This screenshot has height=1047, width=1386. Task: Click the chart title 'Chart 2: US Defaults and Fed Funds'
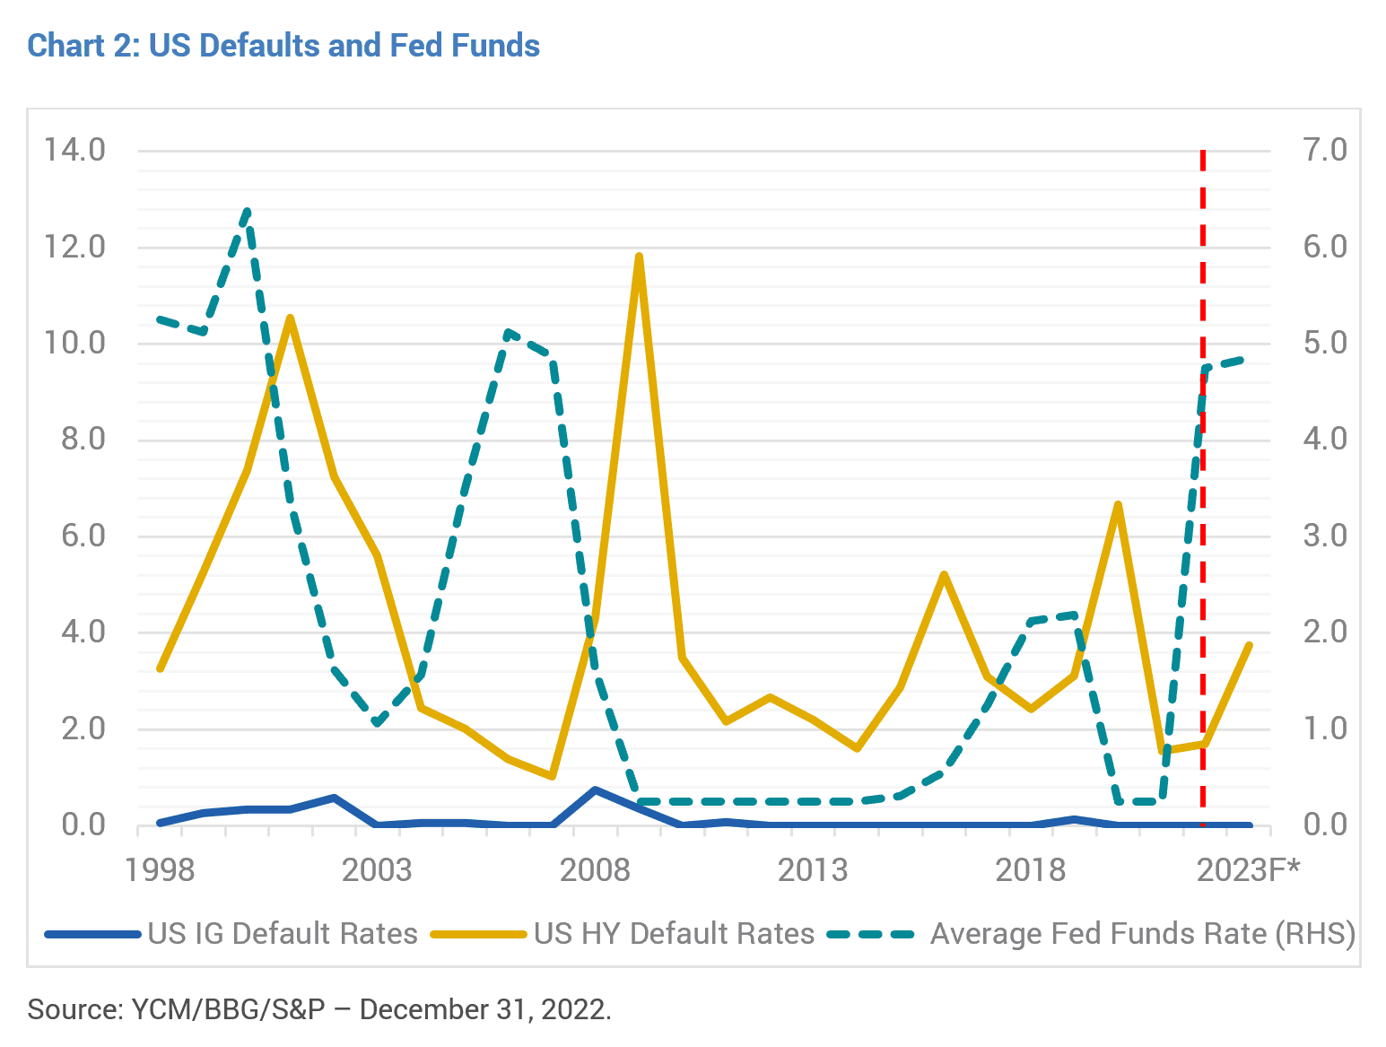[x=283, y=46]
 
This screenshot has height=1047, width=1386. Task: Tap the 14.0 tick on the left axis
[x=74, y=151]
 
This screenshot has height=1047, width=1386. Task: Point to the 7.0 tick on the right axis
[x=1325, y=151]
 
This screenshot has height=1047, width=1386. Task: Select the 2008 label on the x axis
[x=595, y=870]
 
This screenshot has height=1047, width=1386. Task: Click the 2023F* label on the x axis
[x=1249, y=870]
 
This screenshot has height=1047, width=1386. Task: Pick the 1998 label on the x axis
[x=160, y=870]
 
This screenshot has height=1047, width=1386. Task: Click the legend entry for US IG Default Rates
[x=231, y=933]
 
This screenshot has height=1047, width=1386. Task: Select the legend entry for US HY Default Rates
[x=623, y=933]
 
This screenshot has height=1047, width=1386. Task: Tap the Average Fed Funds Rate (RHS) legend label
[x=1143, y=934]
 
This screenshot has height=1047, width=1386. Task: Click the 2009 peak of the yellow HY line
[x=639, y=257]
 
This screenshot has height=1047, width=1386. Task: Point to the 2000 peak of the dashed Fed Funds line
[x=248, y=211]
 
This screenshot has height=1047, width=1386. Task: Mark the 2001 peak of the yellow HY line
[x=290, y=318]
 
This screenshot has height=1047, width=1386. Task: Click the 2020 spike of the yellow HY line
[x=1119, y=505]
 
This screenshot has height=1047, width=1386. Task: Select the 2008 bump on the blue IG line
[x=595, y=790]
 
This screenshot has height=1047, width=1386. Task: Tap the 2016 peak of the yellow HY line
[x=944, y=575]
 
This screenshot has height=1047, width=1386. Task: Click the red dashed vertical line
[x=1203, y=487]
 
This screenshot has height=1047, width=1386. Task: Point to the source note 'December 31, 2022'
[x=485, y=1009]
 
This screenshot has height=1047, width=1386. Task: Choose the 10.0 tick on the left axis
[x=74, y=344]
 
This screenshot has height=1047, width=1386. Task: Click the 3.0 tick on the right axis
[x=1325, y=537]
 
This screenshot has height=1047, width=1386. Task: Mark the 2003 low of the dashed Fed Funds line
[x=377, y=723]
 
